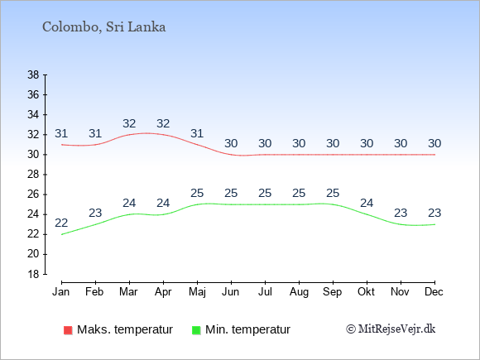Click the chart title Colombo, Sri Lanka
point(103,27)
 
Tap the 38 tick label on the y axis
point(33,74)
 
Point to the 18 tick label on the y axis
point(33,274)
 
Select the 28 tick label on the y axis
point(33,175)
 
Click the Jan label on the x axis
point(61,292)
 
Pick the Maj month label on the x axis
point(197,292)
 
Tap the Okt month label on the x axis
point(366,292)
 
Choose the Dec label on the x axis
point(434,292)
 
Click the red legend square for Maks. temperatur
point(68,330)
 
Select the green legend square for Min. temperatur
point(196,330)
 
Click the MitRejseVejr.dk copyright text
point(391,329)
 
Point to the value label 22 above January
point(61,223)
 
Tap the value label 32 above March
point(129,123)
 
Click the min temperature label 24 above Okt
point(367,203)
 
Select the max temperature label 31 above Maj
point(197,133)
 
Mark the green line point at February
point(95,225)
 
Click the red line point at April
point(163,135)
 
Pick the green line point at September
point(333,204)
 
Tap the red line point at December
point(434,155)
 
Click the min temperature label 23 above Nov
point(401,213)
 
